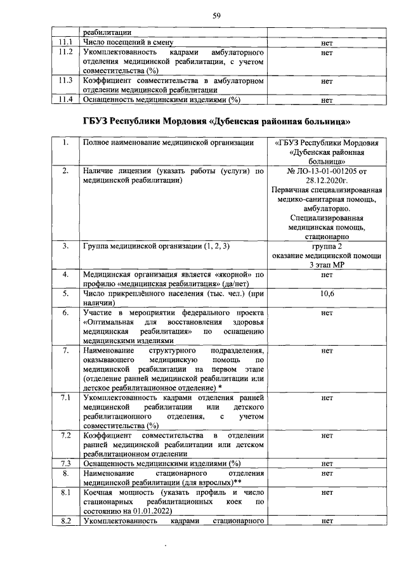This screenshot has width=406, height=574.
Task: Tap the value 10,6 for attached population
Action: [327, 294]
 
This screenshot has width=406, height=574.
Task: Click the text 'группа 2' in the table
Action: [327, 247]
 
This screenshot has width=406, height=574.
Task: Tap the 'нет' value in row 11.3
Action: [327, 81]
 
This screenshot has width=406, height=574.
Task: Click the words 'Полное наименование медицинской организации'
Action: [169, 143]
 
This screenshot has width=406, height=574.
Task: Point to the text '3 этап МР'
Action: [327, 265]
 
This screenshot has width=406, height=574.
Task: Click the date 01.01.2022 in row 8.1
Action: [152, 510]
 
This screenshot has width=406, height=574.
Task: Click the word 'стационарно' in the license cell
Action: [327, 237]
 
